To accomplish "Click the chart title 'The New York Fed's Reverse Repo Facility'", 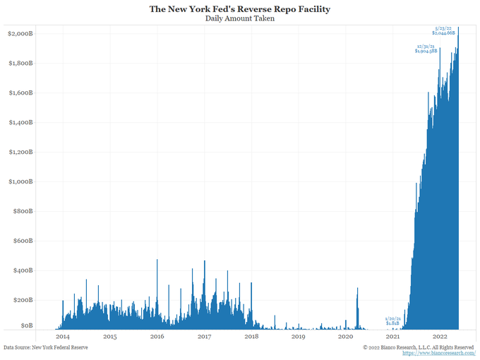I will (240, 9).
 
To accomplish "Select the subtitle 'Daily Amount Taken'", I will (240, 19).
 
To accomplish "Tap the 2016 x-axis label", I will (157, 337).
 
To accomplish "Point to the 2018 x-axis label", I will (251, 337).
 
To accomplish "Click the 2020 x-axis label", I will (346, 337).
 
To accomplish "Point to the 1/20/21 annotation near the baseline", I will (393, 322).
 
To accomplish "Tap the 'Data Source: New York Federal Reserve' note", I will (46, 347).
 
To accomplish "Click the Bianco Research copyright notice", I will (418, 347).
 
